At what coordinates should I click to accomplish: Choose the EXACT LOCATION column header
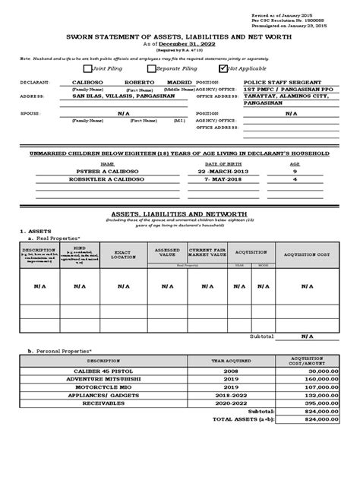pyautogui.click(x=122, y=253)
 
